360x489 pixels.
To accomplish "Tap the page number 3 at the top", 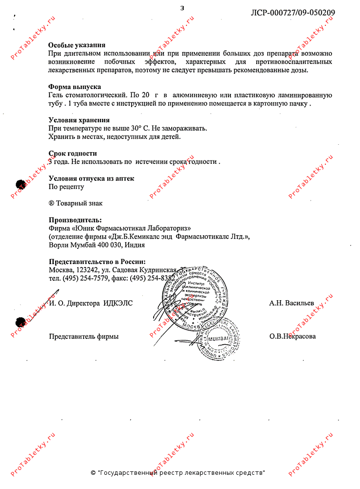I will point(182,7).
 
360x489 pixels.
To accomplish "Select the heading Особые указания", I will point(80,45).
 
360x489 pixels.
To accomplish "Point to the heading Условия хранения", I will point(79,120).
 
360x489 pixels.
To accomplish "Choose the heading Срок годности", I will point(73,153).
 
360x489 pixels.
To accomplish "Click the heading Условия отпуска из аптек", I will point(91,178).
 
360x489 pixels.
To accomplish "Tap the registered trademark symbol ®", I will point(51,203).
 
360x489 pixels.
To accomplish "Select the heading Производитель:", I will point(76,220).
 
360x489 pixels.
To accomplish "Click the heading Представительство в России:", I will point(97,262).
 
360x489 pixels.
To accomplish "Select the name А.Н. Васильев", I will point(292,303).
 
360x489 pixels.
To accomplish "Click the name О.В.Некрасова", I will point(292,336).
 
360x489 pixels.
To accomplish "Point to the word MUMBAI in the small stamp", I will point(219,338).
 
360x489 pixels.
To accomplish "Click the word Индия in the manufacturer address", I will point(135,245).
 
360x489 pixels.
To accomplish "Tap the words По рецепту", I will point(66,186).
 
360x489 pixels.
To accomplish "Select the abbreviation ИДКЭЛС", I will point(118,303).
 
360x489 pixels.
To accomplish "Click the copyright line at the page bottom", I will point(179,473).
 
